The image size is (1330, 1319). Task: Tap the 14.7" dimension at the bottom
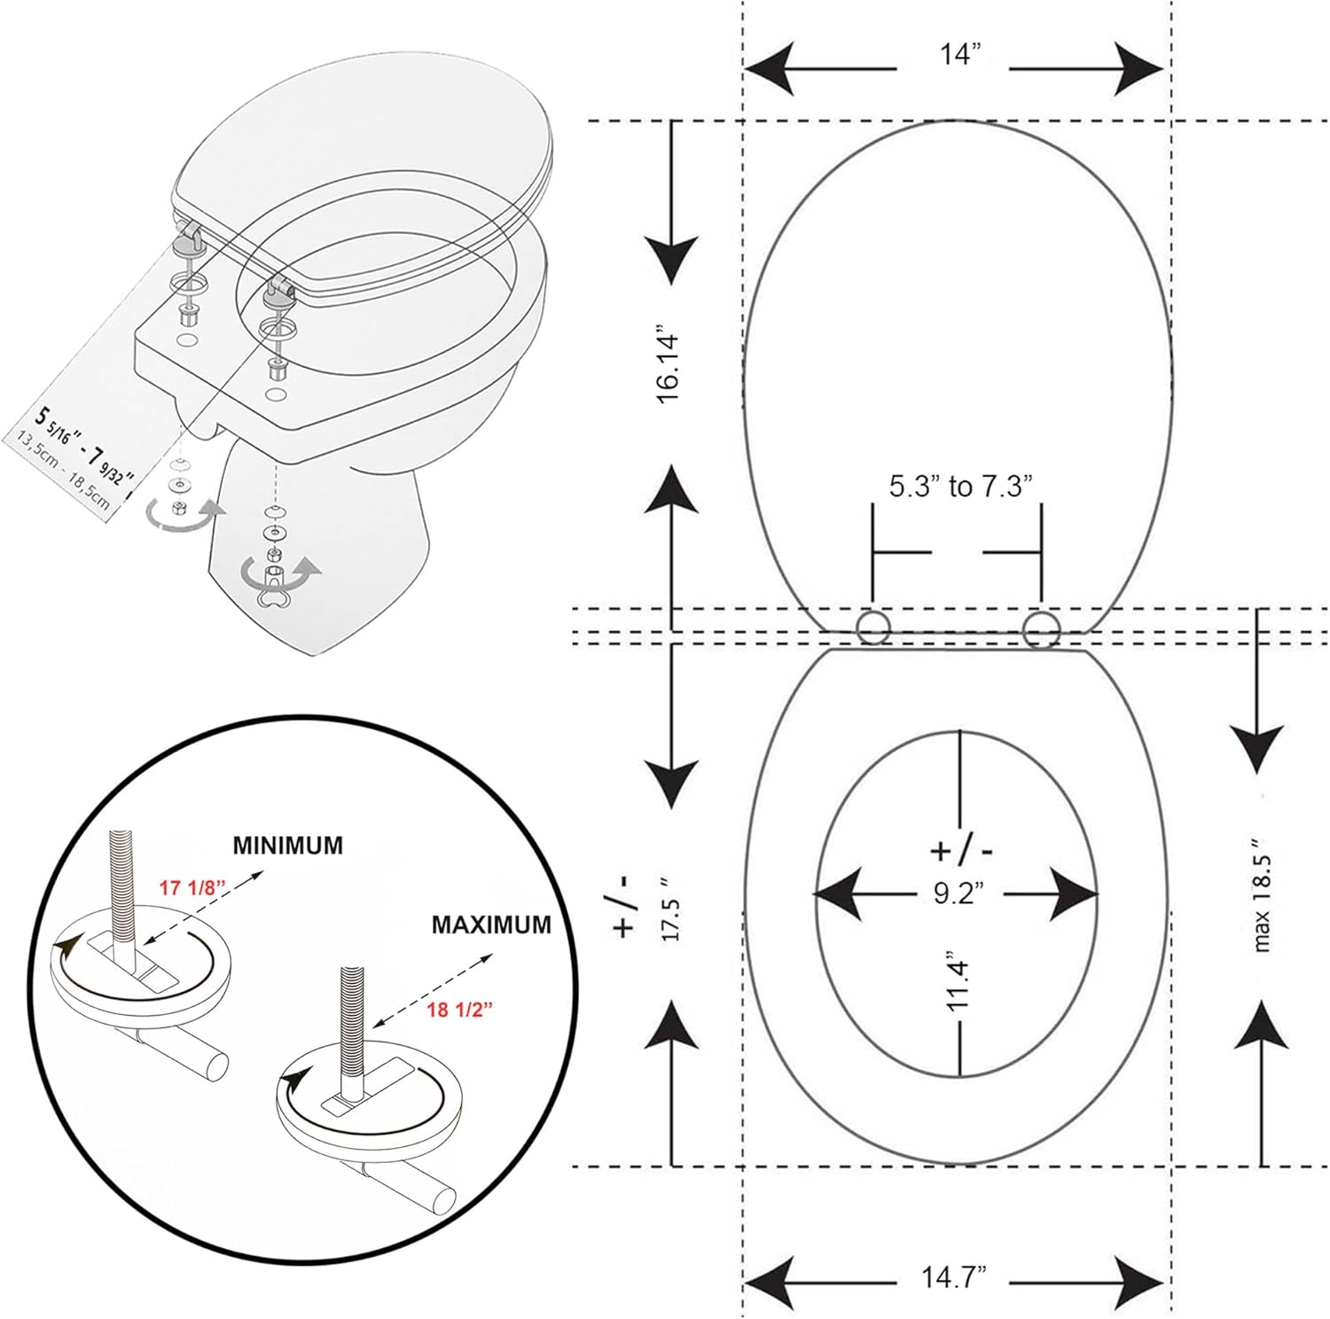coord(953,1277)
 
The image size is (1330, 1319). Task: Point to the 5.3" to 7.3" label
coord(961,486)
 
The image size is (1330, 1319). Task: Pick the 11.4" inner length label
coord(957,981)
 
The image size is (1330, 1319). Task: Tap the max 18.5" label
coord(1263,895)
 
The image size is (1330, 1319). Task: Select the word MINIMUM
coord(287,845)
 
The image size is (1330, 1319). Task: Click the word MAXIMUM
coord(491,925)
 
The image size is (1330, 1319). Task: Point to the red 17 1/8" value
coord(192,887)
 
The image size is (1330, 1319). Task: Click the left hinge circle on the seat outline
coord(873,628)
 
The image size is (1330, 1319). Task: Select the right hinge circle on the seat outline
coord(1041,628)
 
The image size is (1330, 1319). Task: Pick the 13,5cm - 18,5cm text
coord(60,471)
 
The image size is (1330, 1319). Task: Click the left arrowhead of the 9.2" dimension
coord(839,894)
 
